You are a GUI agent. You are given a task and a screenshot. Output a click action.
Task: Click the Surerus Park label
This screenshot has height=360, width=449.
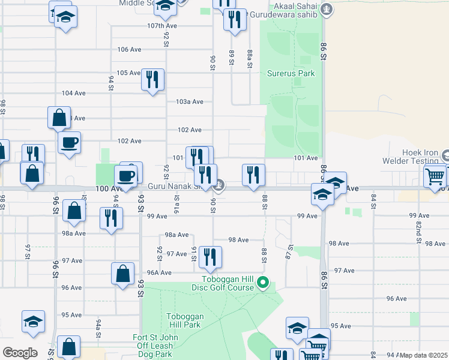(291, 74)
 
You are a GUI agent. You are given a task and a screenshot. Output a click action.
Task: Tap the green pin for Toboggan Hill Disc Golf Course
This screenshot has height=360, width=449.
(262, 281)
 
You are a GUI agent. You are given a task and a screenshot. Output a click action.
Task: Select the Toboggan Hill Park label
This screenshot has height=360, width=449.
(183, 320)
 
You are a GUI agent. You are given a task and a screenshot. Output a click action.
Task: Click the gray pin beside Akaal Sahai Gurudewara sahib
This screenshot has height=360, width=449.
(327, 9)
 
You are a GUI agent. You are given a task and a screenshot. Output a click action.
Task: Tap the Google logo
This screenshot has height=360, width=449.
(19, 353)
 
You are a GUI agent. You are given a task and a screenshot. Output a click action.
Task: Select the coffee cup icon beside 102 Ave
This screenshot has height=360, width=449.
(69, 143)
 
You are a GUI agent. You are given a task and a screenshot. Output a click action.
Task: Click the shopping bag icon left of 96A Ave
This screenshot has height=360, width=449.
(122, 274)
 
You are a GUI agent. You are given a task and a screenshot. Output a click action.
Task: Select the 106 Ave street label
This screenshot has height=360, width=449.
(129, 49)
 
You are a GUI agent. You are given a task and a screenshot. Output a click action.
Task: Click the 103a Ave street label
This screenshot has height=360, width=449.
(190, 102)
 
